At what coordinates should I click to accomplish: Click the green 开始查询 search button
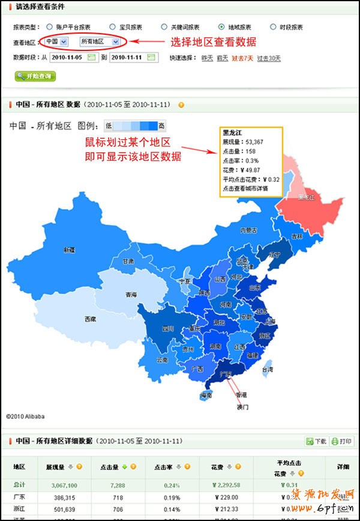click(35, 76)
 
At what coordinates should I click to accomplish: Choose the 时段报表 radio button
click(265, 27)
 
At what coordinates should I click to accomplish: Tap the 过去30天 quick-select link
click(269, 58)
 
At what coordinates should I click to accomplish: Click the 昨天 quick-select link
click(207, 58)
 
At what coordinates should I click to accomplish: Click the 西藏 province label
click(89, 319)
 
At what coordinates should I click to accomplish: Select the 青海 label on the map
click(131, 295)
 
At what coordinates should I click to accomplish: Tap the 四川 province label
click(167, 329)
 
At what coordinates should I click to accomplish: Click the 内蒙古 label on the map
click(248, 230)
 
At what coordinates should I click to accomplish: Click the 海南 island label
click(206, 396)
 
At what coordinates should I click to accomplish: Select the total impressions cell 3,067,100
click(60, 485)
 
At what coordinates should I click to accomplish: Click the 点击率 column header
click(164, 466)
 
